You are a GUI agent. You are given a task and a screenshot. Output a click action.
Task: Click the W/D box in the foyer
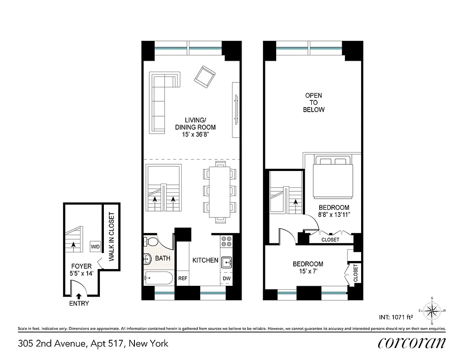[95, 247]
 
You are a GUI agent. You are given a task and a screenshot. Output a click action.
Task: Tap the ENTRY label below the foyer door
[79, 303]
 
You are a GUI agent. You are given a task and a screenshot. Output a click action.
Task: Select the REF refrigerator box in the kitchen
[183, 279]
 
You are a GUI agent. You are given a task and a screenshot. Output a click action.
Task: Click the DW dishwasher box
[227, 279]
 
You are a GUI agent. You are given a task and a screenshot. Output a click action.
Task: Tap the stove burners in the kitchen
[226, 242]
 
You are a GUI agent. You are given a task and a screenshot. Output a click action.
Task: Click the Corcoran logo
[412, 343]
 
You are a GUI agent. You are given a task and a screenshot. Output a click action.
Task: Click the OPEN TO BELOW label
[313, 103]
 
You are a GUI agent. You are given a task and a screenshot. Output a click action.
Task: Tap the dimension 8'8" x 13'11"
[331, 215]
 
